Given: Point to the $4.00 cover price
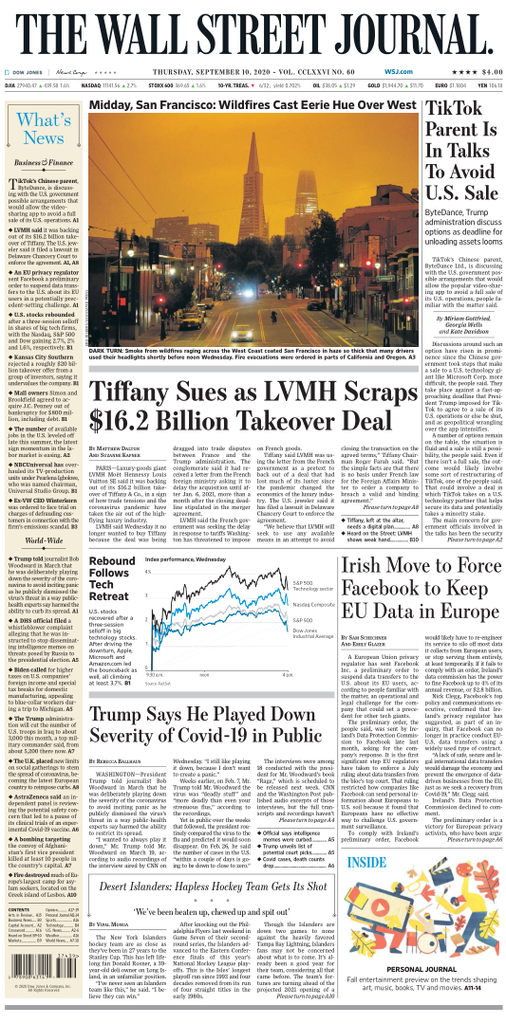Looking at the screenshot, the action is pos(483,70).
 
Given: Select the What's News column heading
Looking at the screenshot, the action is pos(43,128).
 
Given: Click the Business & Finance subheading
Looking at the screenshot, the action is pos(43,162).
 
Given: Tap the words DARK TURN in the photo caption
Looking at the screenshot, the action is pos(109,351).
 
